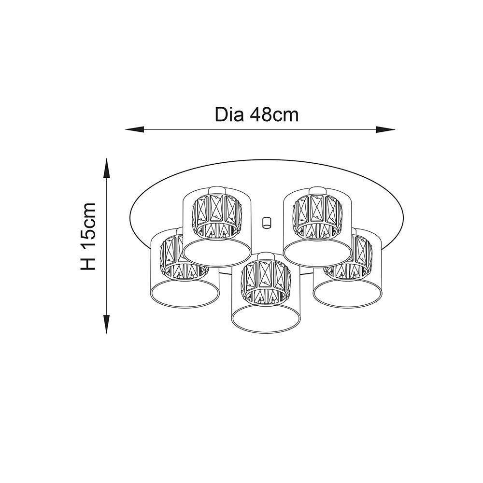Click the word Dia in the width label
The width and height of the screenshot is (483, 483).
pos(229,114)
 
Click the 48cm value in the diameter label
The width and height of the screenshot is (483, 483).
pos(274,115)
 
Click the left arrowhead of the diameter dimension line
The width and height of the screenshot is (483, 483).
pos(135,129)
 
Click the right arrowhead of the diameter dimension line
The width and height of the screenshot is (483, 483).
pos(385,129)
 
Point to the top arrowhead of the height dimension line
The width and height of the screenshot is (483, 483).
pos(107,168)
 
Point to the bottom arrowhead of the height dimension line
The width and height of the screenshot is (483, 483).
pos(107,324)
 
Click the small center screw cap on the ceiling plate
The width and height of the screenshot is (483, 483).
pos(266,222)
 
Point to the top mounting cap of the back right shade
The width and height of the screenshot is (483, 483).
pos(318,190)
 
